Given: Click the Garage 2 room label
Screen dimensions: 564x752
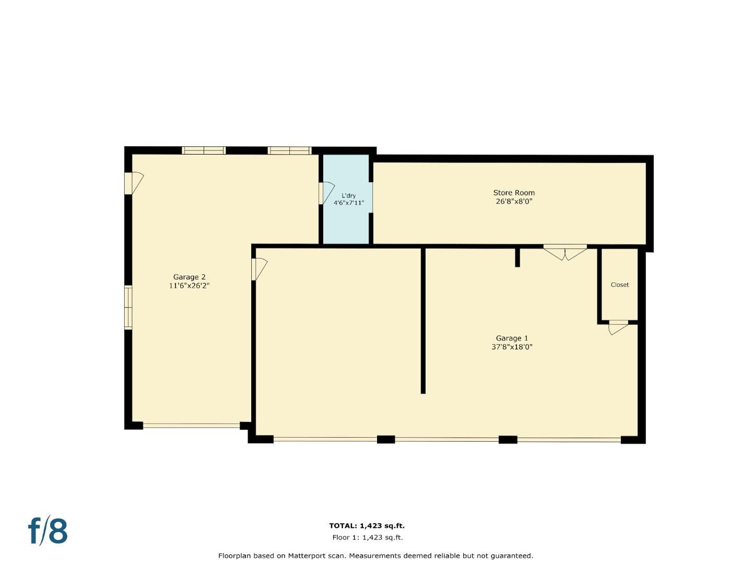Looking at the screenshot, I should click(x=189, y=277).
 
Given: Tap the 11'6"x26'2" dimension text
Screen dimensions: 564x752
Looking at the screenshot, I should click(x=189, y=286).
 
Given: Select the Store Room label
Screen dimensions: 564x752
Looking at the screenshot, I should click(x=514, y=193).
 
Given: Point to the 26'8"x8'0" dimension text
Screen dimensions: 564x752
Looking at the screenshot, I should click(x=514, y=201).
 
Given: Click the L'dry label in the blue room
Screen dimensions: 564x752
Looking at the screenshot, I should click(x=348, y=196).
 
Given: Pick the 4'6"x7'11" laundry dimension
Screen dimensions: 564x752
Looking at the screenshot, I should click(x=349, y=203).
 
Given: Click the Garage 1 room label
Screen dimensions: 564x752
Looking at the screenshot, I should click(x=512, y=338).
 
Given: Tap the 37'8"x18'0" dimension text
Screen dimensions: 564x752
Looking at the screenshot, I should click(x=512, y=347).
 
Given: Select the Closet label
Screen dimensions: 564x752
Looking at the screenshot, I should click(x=620, y=285).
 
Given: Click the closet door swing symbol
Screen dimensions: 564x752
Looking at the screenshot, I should click(x=618, y=327).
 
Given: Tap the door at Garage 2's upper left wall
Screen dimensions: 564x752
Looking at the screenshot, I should click(x=134, y=183).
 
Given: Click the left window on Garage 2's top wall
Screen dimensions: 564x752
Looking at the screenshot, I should click(x=204, y=150).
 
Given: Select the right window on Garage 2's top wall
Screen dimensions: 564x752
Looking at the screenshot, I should click(x=289, y=150).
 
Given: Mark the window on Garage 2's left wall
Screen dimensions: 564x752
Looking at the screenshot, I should click(x=128, y=308).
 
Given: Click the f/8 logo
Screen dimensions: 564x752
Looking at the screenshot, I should click(x=48, y=531).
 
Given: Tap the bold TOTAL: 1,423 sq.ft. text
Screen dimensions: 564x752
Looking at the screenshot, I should click(x=367, y=526).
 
